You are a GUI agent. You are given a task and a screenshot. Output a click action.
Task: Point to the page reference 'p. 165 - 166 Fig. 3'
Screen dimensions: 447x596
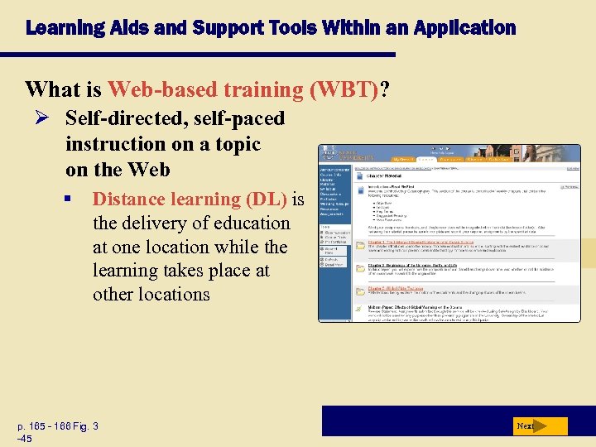coord(58,426)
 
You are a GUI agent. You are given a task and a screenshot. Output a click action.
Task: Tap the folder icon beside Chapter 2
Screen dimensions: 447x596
coord(359,269)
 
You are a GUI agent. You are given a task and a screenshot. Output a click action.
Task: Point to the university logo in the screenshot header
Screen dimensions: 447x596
coord(339,155)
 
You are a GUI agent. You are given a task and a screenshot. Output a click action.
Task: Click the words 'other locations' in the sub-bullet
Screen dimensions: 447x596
coord(151,294)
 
